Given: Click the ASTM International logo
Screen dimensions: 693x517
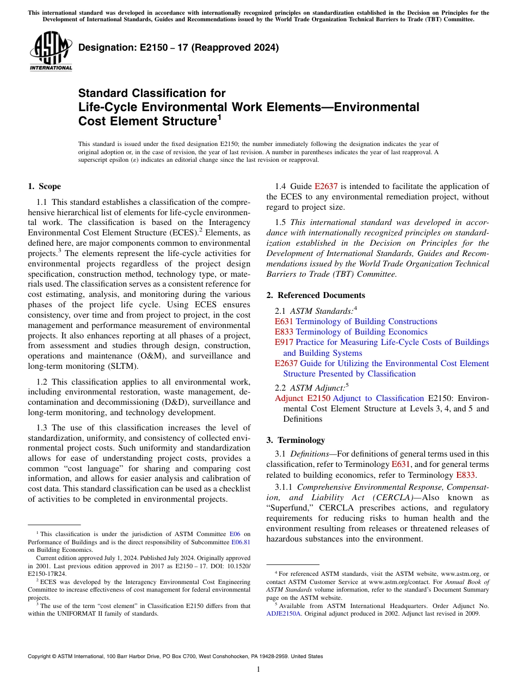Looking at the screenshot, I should pyautogui.click(x=51, y=52).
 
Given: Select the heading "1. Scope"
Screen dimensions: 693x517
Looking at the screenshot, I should pyautogui.click(x=44, y=186).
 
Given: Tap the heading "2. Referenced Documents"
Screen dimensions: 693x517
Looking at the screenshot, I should pyautogui.click(x=316, y=295).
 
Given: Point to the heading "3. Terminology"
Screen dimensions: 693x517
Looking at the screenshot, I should pyautogui.click(x=296, y=440).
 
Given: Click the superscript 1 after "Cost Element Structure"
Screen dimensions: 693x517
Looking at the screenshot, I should pyautogui.click(x=219, y=117).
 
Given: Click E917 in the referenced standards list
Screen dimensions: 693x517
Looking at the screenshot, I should pyautogui.click(x=284, y=342).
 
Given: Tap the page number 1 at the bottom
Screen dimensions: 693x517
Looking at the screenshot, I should pyautogui.click(x=258, y=670).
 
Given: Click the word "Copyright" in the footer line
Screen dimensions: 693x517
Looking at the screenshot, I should pyautogui.click(x=40, y=656).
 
